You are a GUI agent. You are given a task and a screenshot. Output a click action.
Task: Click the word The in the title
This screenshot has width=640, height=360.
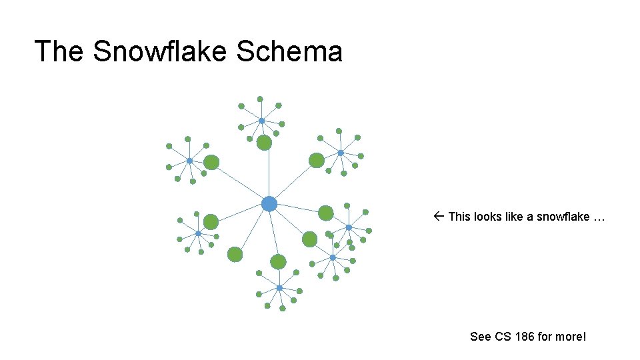pyautogui.click(x=59, y=51)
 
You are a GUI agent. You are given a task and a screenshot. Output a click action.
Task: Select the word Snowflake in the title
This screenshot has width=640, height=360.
pyautogui.click(x=160, y=51)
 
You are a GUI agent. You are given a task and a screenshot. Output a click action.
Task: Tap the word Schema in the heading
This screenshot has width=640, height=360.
pyautogui.click(x=289, y=51)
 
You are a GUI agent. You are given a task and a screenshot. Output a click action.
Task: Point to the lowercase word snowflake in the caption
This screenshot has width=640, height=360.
pyautogui.click(x=563, y=217)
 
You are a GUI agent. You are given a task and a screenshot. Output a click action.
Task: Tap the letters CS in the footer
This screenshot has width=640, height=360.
pyautogui.click(x=503, y=337)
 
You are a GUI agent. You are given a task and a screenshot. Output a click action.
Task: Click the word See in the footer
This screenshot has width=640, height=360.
pyautogui.click(x=480, y=337)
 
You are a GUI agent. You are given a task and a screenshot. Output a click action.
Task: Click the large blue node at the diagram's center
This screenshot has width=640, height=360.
pyautogui.click(x=269, y=203)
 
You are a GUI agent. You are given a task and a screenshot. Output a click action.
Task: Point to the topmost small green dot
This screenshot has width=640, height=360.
pyautogui.click(x=260, y=99)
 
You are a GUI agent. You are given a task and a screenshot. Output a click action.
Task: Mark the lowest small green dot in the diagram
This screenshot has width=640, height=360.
pyautogui.click(x=282, y=309)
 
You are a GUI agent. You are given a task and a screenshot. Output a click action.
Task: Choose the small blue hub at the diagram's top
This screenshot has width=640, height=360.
pyautogui.click(x=261, y=121)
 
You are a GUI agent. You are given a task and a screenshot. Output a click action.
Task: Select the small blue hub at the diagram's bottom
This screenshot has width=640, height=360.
pyautogui.click(x=279, y=288)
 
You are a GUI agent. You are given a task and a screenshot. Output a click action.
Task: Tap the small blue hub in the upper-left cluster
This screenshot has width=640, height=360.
pyautogui.click(x=189, y=161)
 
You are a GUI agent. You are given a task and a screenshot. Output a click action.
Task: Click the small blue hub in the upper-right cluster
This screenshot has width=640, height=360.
pyautogui.click(x=340, y=153)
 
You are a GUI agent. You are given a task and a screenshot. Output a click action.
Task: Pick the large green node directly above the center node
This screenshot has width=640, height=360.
pyautogui.click(x=264, y=143)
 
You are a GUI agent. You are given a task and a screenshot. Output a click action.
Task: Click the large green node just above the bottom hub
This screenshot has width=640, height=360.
pyautogui.click(x=278, y=261)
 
